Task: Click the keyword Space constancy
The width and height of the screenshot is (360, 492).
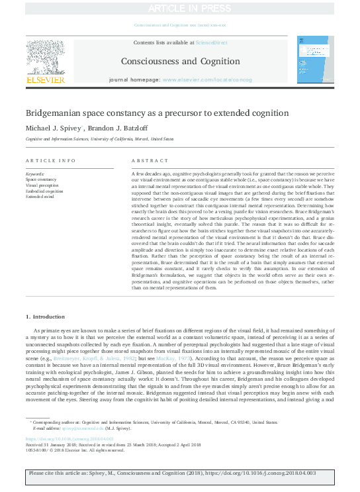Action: [x=41, y=179]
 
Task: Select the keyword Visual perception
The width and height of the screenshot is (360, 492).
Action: [x=42, y=185]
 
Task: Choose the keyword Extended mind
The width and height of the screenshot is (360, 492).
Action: [x=40, y=197]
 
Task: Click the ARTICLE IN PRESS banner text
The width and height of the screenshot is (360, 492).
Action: [x=180, y=8]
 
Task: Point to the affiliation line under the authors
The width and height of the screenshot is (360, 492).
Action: [x=100, y=140]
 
